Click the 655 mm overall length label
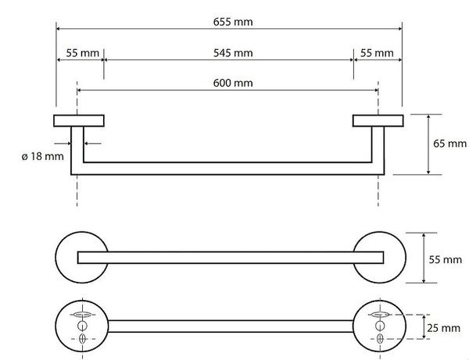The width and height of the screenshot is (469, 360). [233, 22]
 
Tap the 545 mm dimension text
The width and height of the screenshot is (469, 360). [233, 53]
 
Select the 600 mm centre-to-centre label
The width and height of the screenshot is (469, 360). [233, 83]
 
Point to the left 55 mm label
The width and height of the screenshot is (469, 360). [82, 53]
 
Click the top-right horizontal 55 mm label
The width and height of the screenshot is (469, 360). [377, 53]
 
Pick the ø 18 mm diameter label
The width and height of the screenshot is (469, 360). [42, 156]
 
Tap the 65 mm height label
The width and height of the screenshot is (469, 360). [449, 144]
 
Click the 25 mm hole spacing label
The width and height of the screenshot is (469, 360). [443, 328]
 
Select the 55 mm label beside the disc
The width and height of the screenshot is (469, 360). [445, 259]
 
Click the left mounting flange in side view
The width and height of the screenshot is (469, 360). [79, 121]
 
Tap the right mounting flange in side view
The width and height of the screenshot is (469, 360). [378, 121]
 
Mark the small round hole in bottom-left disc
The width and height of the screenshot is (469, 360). [82, 326]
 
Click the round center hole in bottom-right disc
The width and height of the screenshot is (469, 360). [380, 326]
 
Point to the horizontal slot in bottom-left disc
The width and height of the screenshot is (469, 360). [82, 314]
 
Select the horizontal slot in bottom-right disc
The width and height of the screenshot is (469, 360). [380, 314]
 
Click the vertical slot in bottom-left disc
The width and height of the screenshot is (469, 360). [82, 339]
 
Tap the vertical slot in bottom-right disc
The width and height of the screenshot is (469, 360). [380, 339]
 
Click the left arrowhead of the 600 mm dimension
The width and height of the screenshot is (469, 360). [79, 90]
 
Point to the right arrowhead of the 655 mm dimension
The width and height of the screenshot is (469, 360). [399, 29]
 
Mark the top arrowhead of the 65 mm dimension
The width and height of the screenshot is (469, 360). [428, 117]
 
